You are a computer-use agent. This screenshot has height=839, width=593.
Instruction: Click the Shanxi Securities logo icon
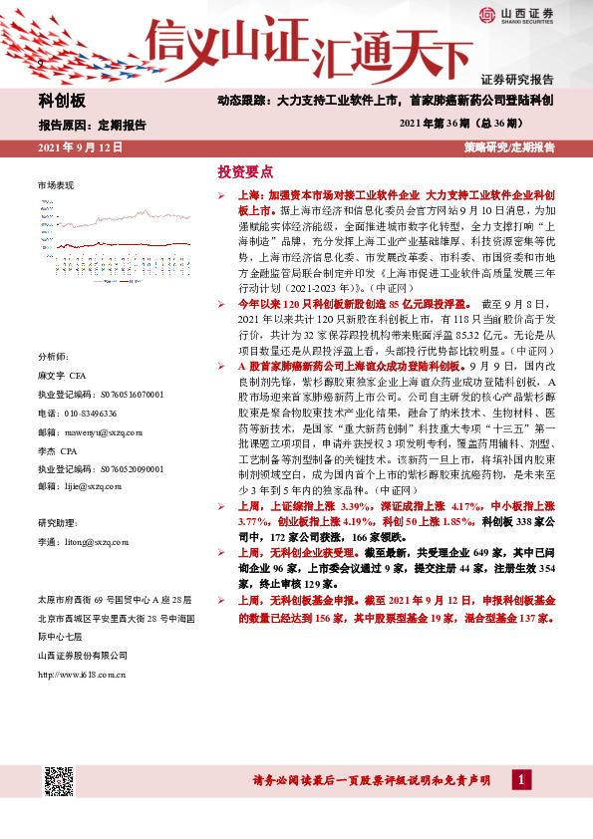[x=486, y=17]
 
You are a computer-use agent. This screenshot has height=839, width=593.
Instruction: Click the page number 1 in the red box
[x=521, y=780]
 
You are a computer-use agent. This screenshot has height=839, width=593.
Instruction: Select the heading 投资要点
[x=245, y=171]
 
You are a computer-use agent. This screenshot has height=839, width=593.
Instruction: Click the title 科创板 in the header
[x=63, y=102]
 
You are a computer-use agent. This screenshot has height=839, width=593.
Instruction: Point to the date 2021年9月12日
[x=80, y=147]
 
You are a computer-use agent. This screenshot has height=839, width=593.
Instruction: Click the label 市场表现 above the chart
[x=56, y=186]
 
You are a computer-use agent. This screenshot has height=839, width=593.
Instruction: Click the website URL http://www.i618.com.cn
[x=82, y=675]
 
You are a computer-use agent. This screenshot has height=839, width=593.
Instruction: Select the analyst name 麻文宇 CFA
[x=64, y=378]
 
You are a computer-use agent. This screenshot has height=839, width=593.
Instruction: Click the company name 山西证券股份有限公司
[x=83, y=655]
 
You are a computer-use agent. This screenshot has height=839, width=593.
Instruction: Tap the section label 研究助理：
[x=57, y=523]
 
